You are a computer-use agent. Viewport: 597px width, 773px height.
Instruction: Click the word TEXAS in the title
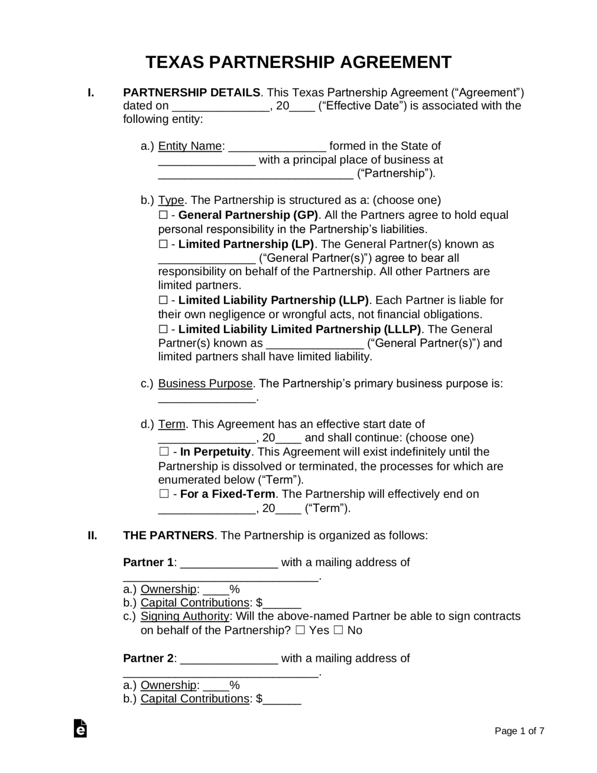[174, 62]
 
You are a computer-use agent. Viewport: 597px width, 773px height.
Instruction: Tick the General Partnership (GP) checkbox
[163, 215]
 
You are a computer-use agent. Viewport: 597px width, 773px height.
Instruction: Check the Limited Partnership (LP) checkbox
[163, 245]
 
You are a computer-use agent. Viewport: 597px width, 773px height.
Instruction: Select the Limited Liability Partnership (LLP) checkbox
[163, 300]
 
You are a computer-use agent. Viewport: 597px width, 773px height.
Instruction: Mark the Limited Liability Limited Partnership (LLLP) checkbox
[163, 330]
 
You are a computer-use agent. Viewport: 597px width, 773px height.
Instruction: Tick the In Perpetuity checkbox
[163, 452]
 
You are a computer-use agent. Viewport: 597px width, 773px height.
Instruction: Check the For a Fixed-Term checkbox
[163, 494]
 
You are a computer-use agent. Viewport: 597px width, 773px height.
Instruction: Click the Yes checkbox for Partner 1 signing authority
[300, 631]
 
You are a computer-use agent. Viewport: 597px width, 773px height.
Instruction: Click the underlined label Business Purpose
[205, 383]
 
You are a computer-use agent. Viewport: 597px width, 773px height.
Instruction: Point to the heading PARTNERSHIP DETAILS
[192, 93]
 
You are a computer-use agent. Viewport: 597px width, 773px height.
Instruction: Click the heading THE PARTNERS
[168, 535]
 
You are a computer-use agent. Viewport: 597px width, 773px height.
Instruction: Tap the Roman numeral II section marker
[92, 535]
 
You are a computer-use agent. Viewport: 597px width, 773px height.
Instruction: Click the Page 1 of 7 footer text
[519, 731]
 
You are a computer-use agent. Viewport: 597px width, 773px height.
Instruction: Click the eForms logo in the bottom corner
[80, 728]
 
